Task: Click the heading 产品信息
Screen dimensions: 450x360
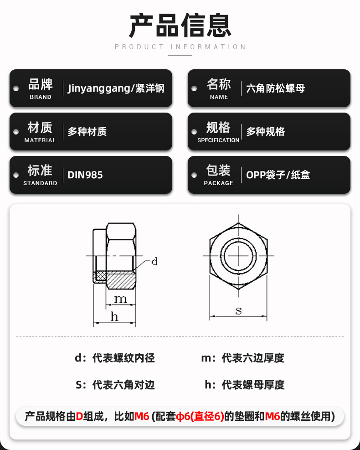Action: click(180, 25)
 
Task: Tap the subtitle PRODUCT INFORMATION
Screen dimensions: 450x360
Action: click(180, 47)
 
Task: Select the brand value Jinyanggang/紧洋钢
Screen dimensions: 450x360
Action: click(116, 88)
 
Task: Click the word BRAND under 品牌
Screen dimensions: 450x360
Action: click(41, 97)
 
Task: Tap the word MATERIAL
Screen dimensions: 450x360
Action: click(40, 140)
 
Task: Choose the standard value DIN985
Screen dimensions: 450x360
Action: click(85, 175)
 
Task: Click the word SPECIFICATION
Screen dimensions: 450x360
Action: click(218, 140)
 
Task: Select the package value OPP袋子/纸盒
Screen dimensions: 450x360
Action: click(278, 175)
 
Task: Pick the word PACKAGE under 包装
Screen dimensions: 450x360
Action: click(218, 183)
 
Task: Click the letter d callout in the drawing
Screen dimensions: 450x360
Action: click(154, 262)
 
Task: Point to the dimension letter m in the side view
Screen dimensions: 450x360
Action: click(120, 299)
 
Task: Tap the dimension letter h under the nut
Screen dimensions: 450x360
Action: click(114, 317)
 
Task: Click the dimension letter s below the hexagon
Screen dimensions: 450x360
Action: click(238, 311)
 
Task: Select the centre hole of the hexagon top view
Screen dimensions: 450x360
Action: click(238, 256)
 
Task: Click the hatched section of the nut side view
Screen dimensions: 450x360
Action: click(121, 277)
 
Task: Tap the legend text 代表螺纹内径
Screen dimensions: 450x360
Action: click(123, 358)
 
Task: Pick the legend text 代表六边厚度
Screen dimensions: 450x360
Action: click(253, 358)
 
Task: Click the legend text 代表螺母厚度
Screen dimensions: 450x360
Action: click(253, 385)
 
